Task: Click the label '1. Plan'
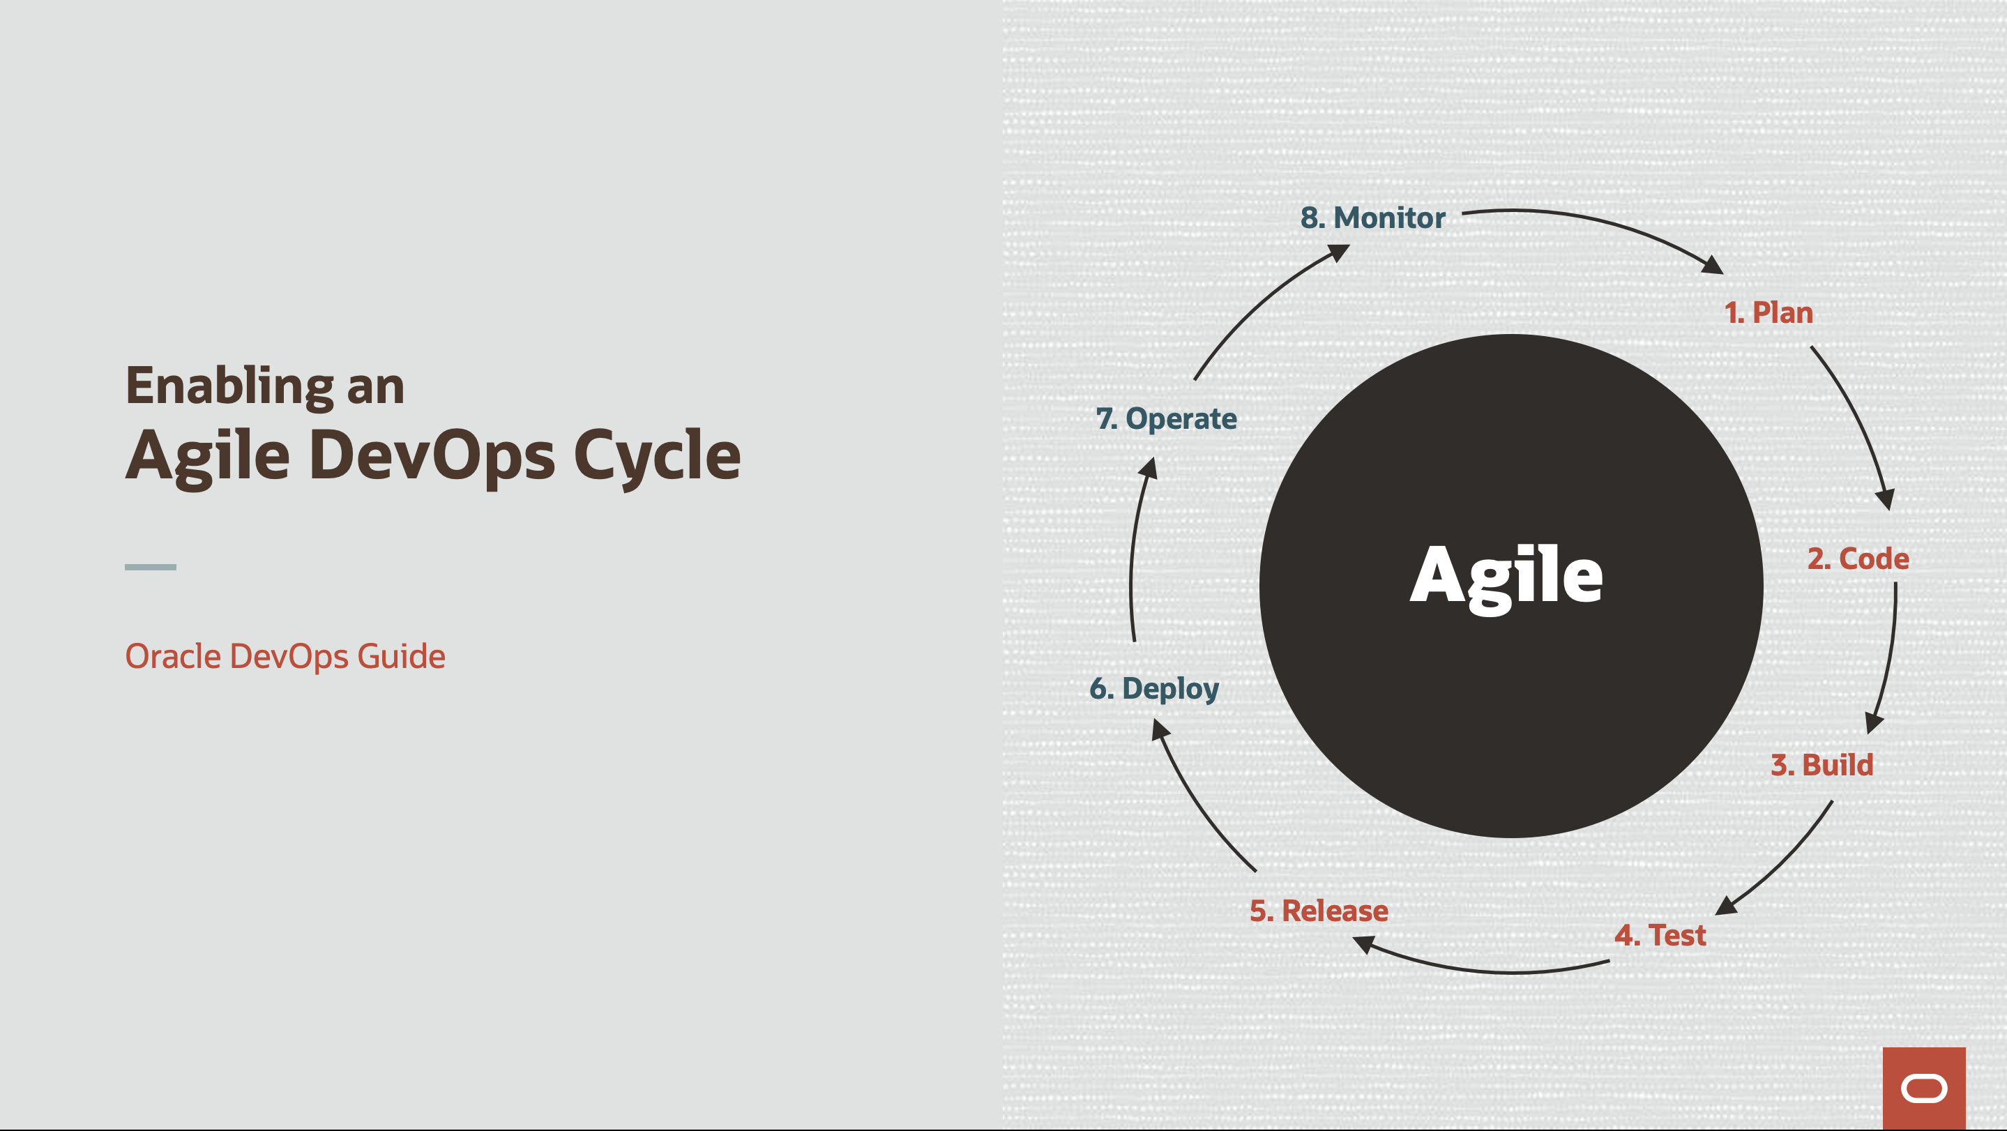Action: [x=1768, y=312]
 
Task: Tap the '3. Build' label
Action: [x=1821, y=765]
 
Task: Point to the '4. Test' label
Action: [x=1660, y=934]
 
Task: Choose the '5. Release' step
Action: [x=1318, y=911]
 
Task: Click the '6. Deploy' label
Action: [x=1154, y=688]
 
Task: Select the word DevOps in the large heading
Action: [x=432, y=455]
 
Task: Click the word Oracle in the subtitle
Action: [x=172, y=657]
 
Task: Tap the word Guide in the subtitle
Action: [x=400, y=657]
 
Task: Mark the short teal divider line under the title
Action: [x=151, y=567]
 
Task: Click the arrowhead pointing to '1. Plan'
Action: [x=1713, y=266]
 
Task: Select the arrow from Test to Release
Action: [x=1480, y=970]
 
